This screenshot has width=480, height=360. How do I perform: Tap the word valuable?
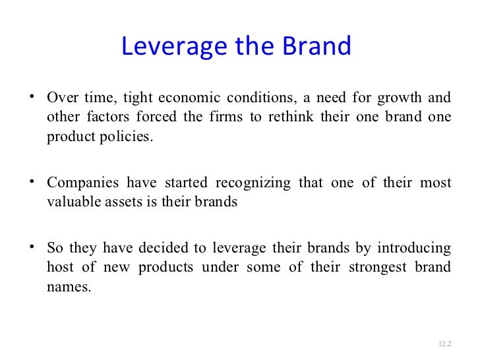point(72,202)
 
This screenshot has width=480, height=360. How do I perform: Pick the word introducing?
point(414,248)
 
